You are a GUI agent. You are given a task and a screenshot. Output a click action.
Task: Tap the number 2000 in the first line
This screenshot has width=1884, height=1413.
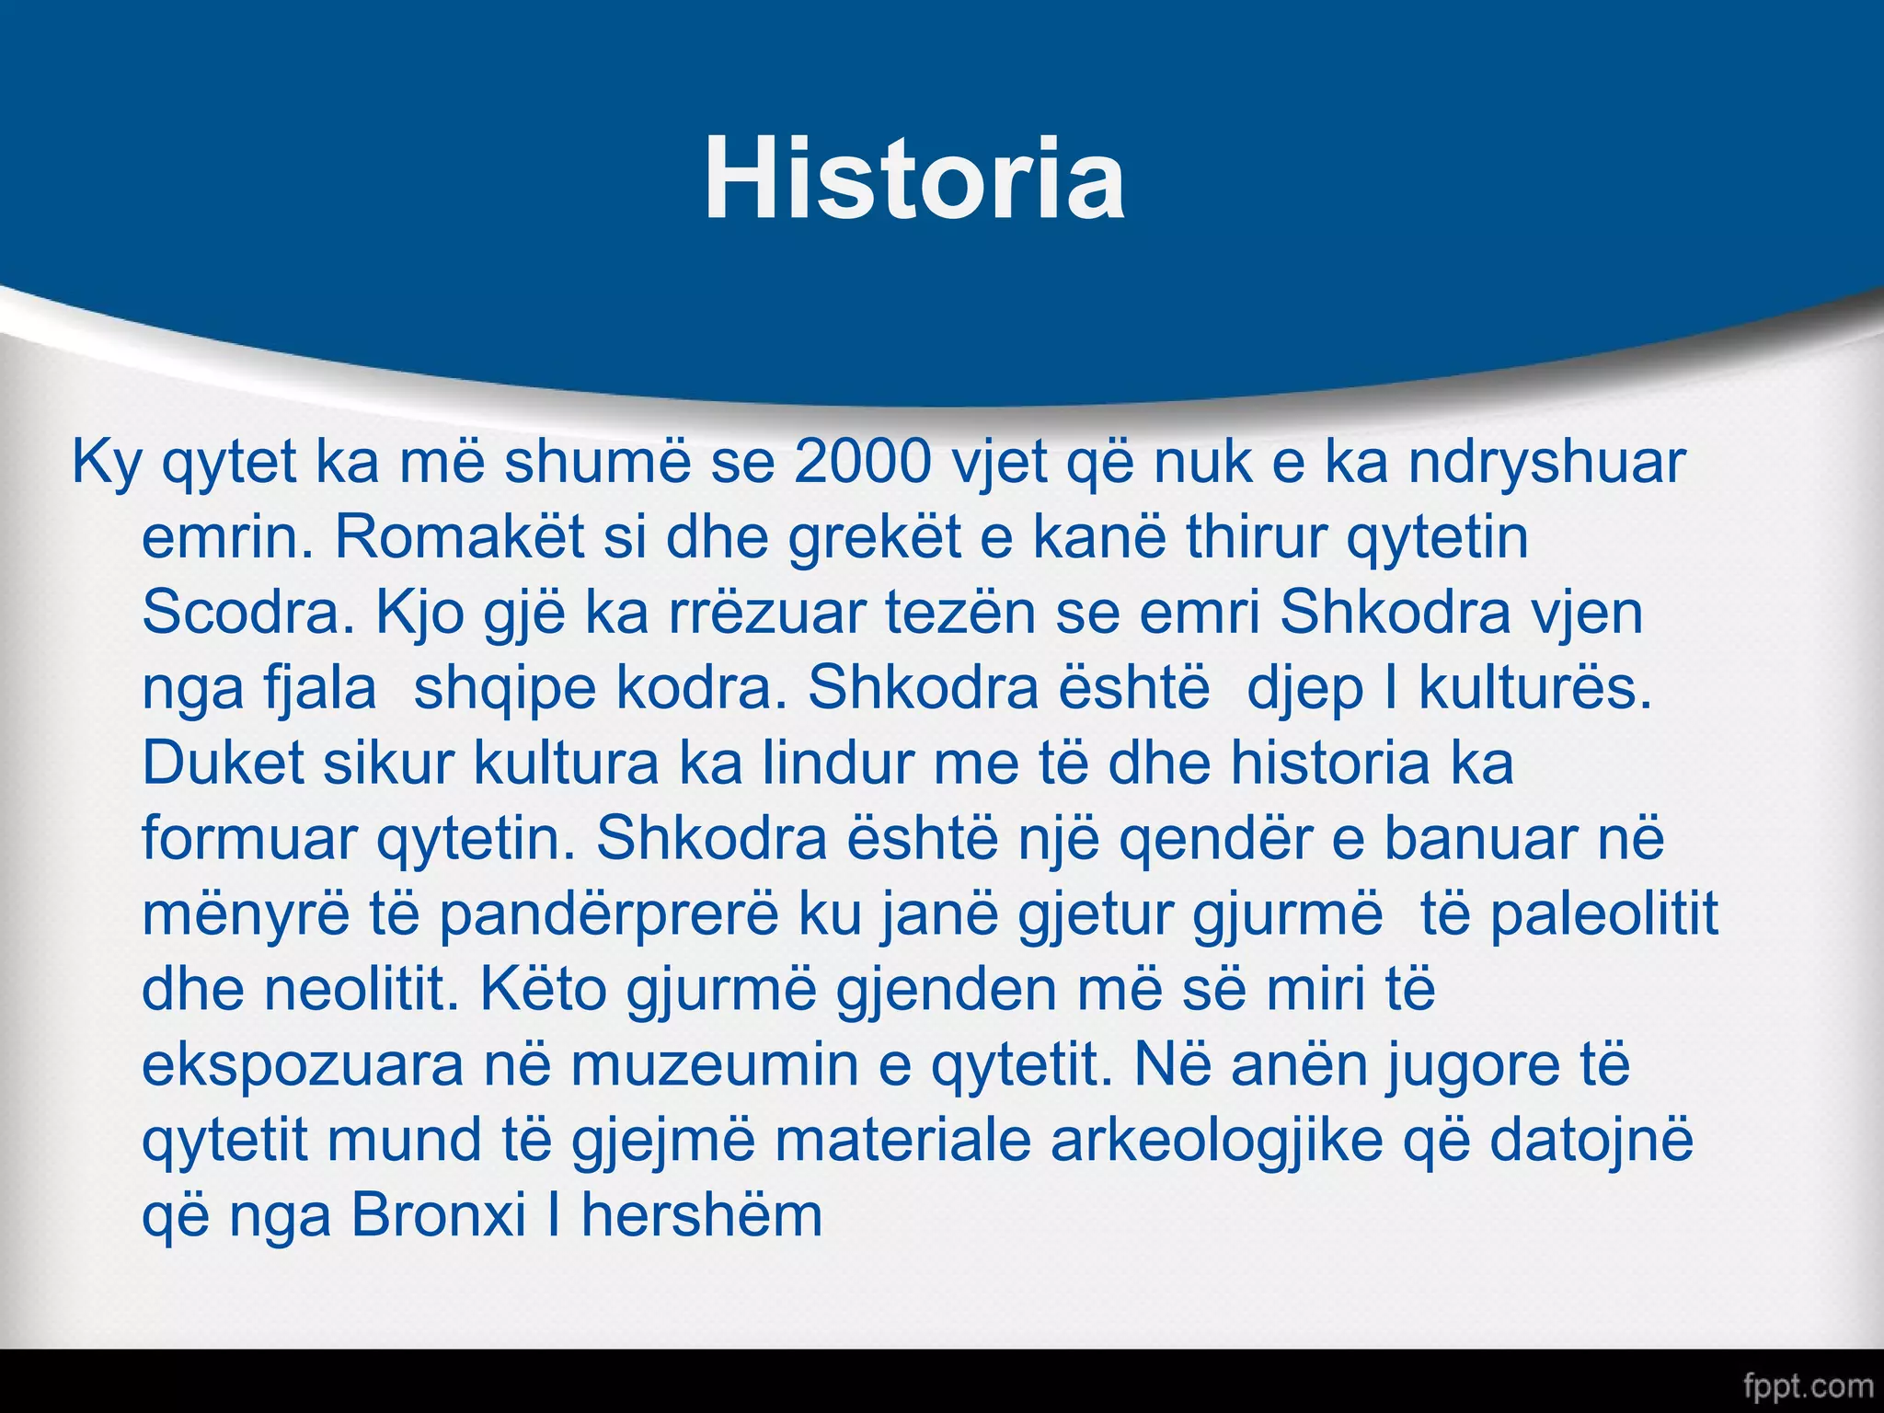pos(863,462)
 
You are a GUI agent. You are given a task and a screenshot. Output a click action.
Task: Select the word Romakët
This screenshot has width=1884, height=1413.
pos(459,537)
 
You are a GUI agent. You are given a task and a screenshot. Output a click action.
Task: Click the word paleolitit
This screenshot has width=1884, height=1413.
pos(1603,916)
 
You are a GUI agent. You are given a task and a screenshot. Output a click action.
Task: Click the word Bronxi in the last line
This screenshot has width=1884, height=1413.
pos(437,1216)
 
